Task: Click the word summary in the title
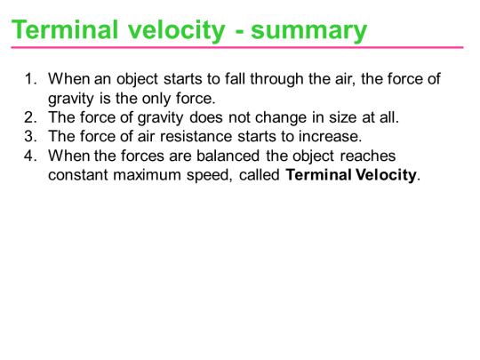tap(309, 29)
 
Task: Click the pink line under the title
tap(240, 48)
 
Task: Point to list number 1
tap(30, 79)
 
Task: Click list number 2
tap(30, 117)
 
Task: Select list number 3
tap(30, 136)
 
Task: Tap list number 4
tap(30, 156)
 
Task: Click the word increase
tap(332, 136)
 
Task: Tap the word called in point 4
tap(261, 174)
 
